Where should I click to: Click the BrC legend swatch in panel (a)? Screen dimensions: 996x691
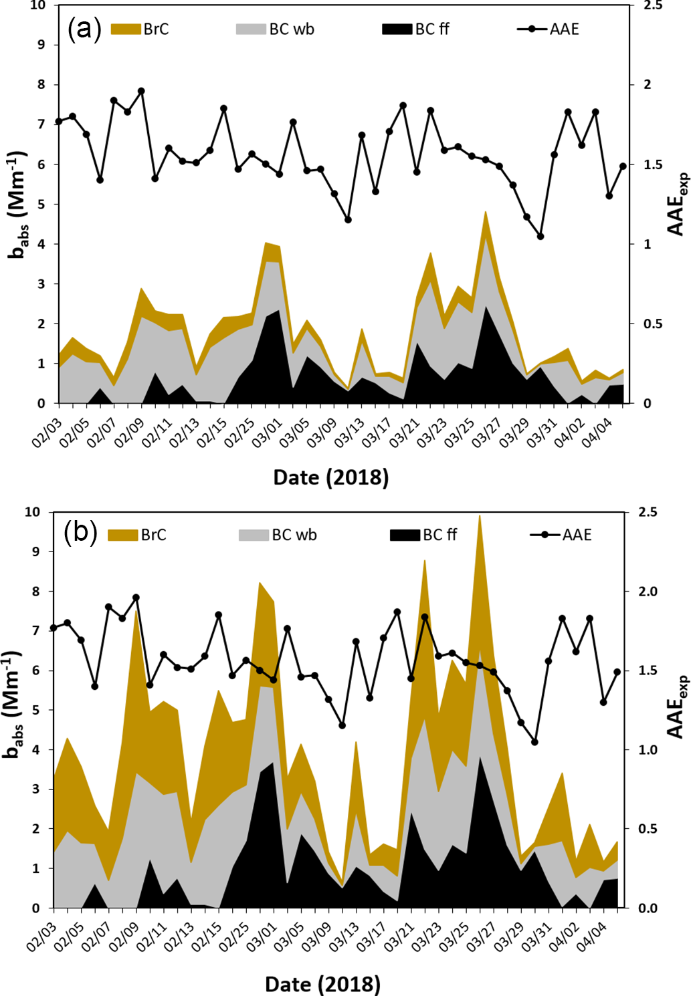point(125,29)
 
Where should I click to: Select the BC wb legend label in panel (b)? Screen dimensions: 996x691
point(294,535)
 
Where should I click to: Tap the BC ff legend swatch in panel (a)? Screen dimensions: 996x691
point(397,29)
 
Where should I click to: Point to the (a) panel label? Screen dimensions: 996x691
point(84,28)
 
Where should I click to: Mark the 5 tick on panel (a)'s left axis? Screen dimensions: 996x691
point(41,205)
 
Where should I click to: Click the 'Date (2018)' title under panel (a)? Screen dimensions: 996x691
point(331,477)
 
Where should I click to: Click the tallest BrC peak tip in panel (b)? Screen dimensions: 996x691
point(479,515)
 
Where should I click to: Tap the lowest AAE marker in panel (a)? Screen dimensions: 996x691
point(540,237)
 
